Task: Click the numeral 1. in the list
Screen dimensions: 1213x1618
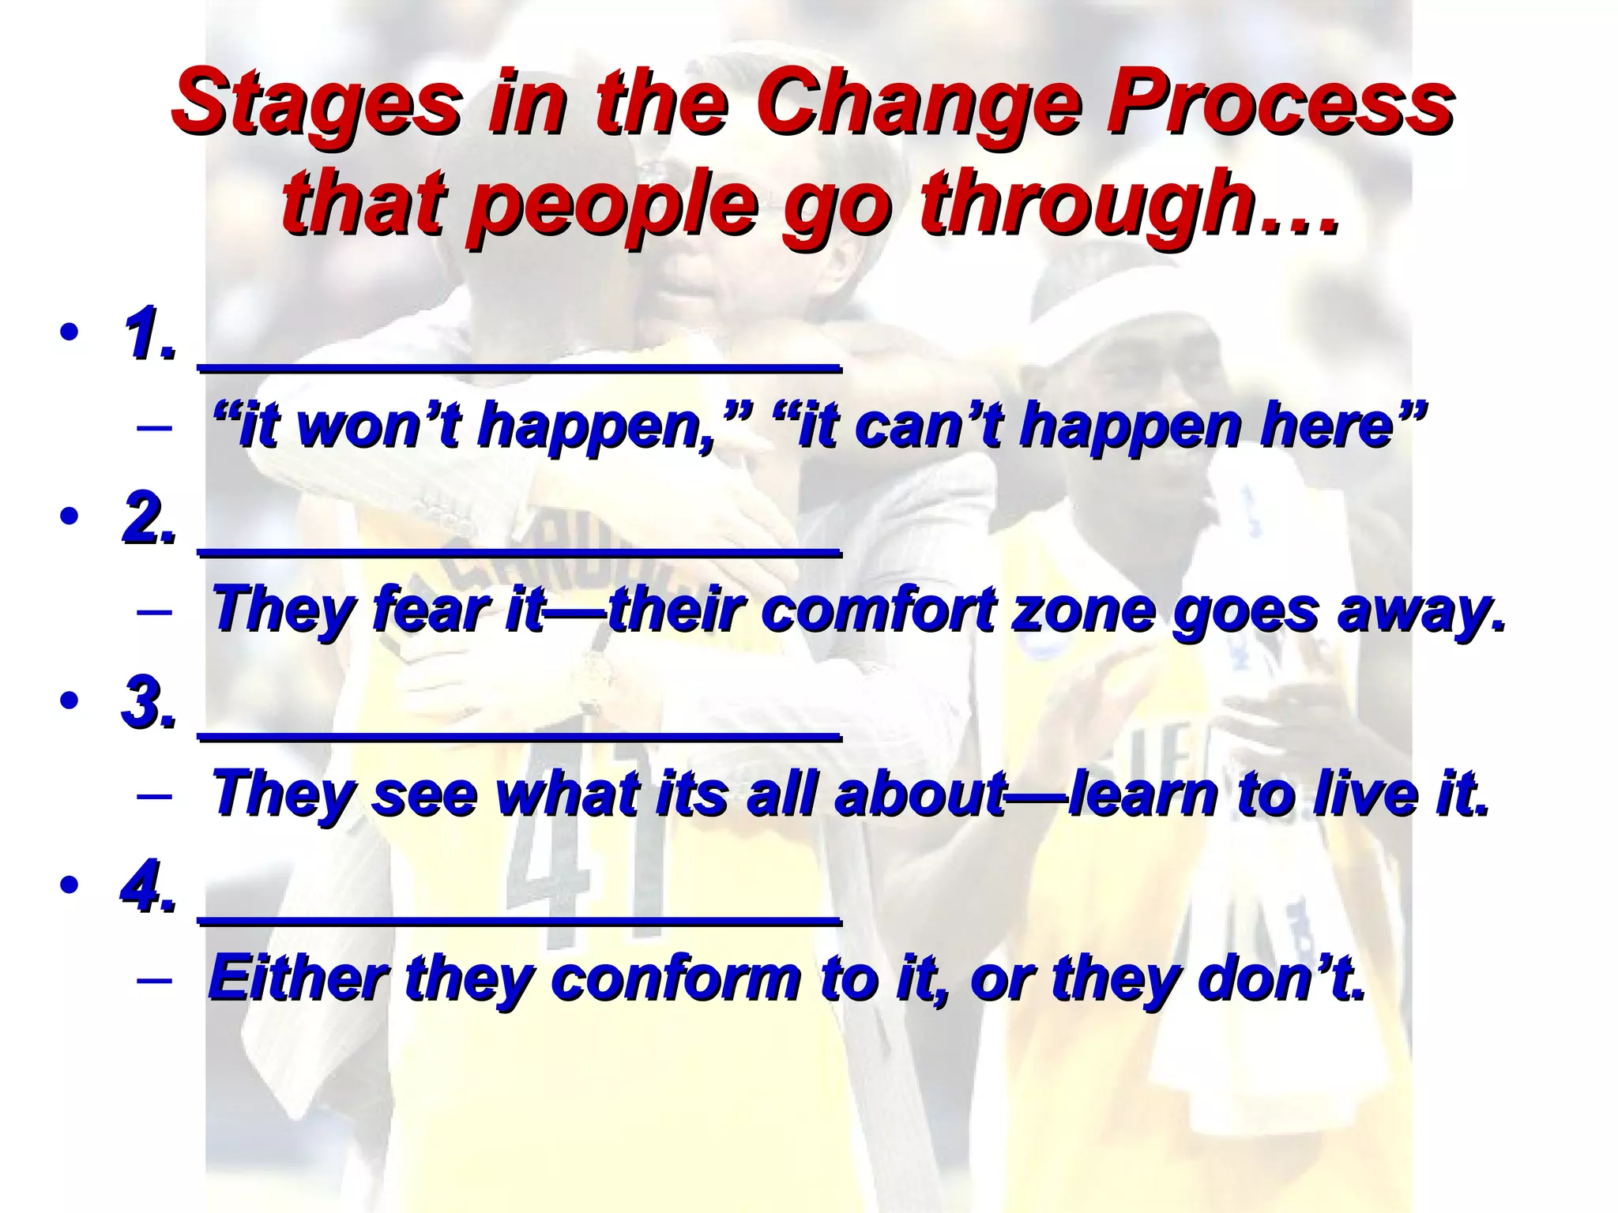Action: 150,336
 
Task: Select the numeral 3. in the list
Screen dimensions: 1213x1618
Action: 150,703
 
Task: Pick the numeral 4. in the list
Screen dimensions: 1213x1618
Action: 150,886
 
